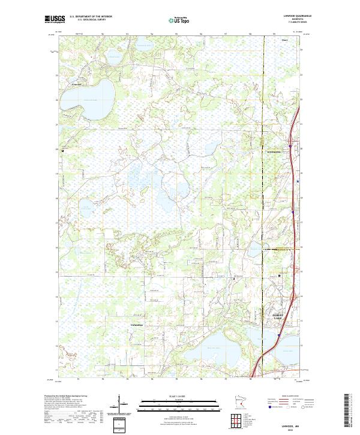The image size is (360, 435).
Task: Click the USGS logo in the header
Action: click(x=53, y=19)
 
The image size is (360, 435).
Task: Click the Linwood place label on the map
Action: click(x=76, y=85)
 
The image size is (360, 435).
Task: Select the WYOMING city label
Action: click(x=274, y=152)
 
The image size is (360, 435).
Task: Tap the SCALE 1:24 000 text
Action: click(x=179, y=395)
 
